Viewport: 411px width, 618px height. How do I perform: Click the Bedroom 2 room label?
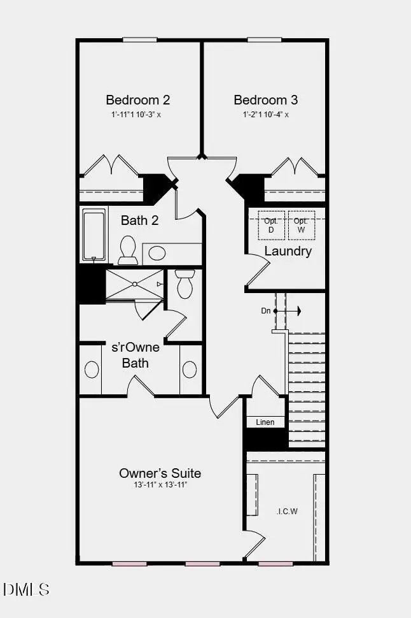[x=137, y=100]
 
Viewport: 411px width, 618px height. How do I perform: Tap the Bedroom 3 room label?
[x=265, y=100]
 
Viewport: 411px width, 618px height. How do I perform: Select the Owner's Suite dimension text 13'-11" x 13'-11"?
[x=160, y=485]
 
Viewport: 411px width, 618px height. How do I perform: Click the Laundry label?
[x=288, y=251]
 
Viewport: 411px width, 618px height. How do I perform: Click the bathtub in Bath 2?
[x=94, y=236]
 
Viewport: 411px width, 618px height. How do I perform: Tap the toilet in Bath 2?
[x=128, y=250]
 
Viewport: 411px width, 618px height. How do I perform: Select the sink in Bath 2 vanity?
[x=157, y=254]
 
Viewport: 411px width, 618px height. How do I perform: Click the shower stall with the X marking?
[x=134, y=284]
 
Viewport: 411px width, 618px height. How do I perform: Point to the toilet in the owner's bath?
[x=185, y=284]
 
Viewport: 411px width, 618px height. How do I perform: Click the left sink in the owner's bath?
[x=92, y=370]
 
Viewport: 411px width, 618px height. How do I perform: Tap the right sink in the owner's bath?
[x=190, y=370]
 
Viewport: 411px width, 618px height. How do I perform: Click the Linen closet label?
[x=265, y=422]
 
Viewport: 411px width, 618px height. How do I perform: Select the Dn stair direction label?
[x=266, y=311]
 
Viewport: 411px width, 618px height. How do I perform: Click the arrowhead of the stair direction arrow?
[x=297, y=311]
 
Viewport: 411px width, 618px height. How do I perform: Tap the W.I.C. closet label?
[x=288, y=511]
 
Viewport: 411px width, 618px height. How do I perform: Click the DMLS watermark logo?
[x=27, y=589]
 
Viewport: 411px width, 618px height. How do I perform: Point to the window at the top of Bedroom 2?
[x=139, y=40]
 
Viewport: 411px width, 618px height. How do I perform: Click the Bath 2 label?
[x=139, y=221]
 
